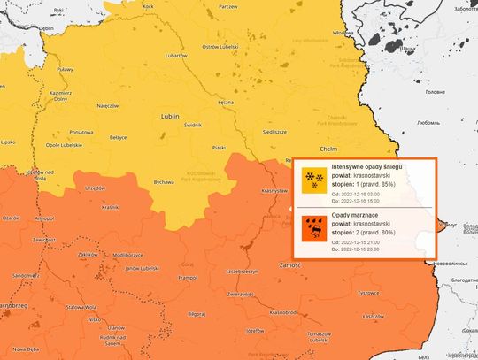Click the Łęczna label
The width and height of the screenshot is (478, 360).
click(226, 103)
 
